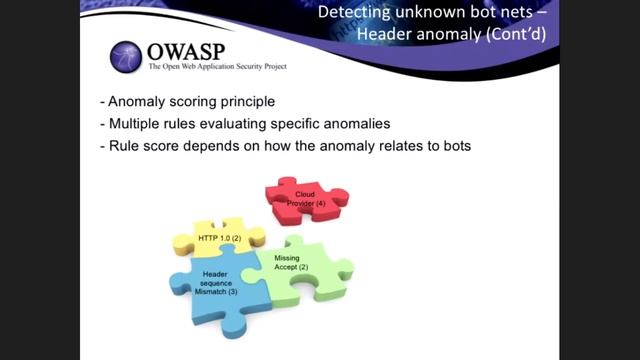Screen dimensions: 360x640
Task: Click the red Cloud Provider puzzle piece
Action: pyautogui.click(x=305, y=198)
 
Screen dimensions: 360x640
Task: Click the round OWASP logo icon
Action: pyautogui.click(x=127, y=57)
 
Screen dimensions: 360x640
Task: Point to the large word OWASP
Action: pyautogui.click(x=188, y=51)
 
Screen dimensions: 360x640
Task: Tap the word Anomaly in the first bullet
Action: pyautogui.click(x=140, y=102)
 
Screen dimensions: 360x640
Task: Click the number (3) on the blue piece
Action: pyautogui.click(x=232, y=291)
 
